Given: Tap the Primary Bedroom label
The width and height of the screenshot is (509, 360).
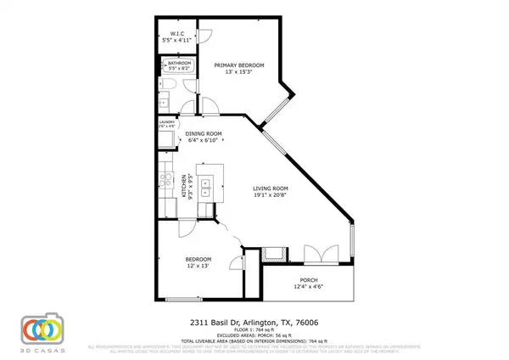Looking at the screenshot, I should [238, 65].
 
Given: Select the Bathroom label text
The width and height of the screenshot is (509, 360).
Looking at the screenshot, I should [179, 63].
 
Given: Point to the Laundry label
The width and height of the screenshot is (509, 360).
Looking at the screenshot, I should [166, 122].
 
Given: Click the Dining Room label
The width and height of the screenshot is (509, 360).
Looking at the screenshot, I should [204, 134].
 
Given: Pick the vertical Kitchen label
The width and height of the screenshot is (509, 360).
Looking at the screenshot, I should [184, 185].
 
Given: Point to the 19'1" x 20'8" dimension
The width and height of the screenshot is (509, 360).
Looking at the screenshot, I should [274, 196].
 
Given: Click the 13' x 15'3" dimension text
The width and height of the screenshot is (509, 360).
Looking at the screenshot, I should [238, 72].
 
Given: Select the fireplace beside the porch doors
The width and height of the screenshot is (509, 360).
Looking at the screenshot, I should [273, 251].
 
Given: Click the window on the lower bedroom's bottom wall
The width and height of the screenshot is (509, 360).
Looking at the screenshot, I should [184, 299].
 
